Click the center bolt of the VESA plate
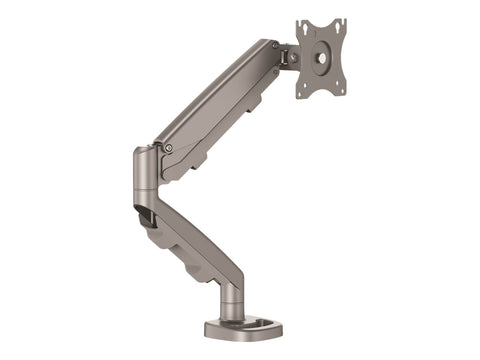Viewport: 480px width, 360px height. click(x=321, y=57)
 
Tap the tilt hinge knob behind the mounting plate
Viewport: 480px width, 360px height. click(x=290, y=57)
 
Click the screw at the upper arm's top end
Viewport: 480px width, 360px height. click(x=277, y=53)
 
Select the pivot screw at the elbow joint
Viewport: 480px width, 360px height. click(x=168, y=148)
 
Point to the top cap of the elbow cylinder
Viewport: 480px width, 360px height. click(x=143, y=153)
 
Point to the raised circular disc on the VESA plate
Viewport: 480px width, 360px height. click(x=321, y=57)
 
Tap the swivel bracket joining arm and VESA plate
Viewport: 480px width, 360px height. click(x=288, y=60)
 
